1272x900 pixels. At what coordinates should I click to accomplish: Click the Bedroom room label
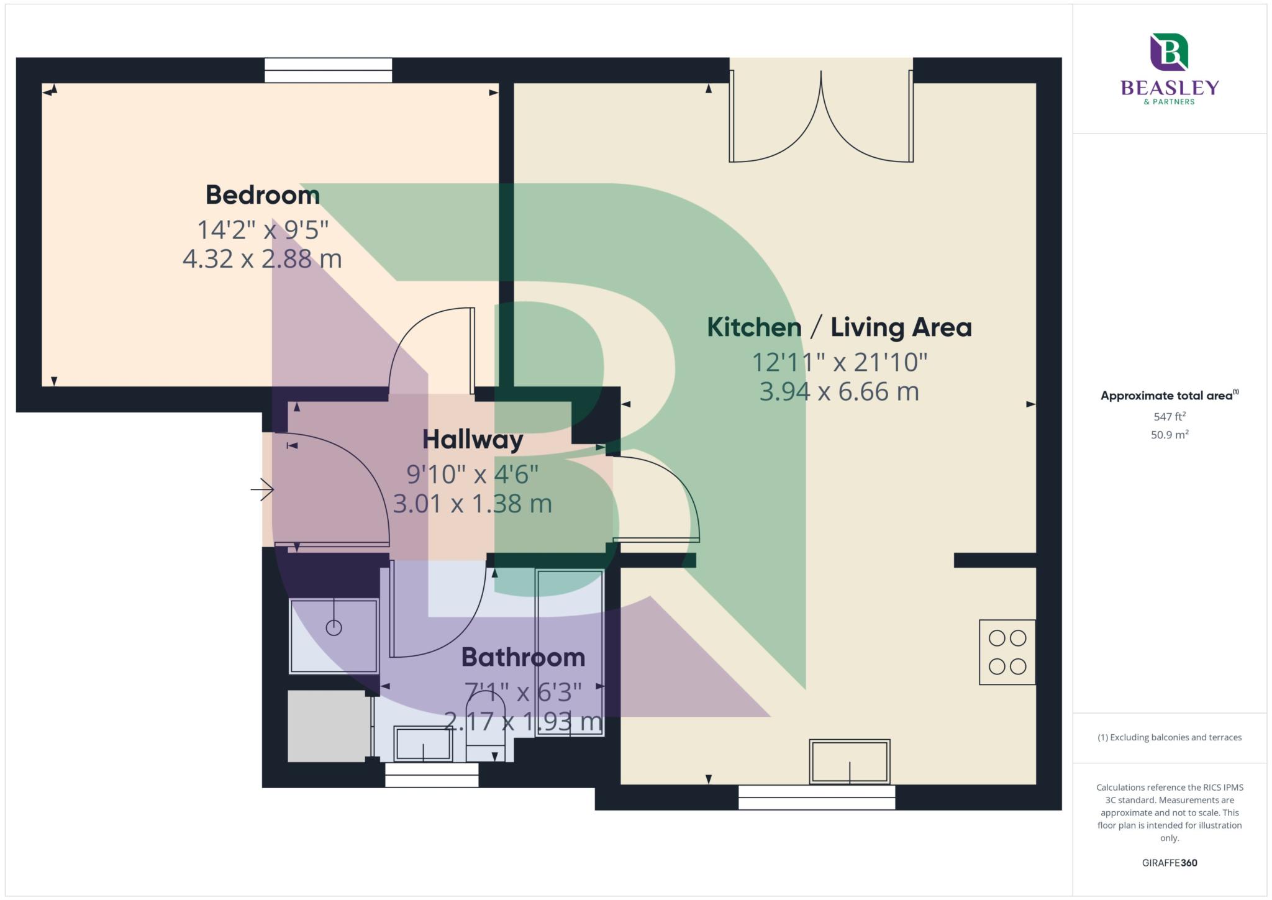(263, 195)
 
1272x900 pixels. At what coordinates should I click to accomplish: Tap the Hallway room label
(473, 440)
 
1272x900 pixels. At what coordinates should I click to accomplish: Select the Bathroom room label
(523, 657)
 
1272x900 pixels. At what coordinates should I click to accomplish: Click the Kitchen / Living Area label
(839, 327)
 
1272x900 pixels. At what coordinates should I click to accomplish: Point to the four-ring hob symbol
(1007, 652)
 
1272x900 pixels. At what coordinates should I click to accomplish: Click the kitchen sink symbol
(849, 761)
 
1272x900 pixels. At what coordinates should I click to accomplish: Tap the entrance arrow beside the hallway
(263, 490)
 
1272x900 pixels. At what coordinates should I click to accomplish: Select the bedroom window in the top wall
(328, 70)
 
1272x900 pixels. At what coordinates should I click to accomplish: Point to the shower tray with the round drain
(334, 635)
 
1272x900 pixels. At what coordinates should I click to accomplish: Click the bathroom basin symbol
(424, 744)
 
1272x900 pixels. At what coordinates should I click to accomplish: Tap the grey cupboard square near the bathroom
(328, 726)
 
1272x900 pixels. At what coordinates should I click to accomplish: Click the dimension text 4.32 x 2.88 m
(262, 258)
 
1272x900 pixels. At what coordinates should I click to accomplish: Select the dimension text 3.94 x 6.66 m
(839, 392)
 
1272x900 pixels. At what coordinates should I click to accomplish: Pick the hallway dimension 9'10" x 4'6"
(472, 475)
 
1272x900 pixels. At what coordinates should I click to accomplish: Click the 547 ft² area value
(1170, 417)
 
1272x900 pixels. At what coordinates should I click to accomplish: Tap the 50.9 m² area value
(1170, 435)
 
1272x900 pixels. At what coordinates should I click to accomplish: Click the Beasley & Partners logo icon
(1169, 52)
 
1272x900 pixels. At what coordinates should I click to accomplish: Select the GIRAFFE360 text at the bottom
(1170, 863)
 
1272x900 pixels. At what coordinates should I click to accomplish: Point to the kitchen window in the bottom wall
(817, 798)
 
